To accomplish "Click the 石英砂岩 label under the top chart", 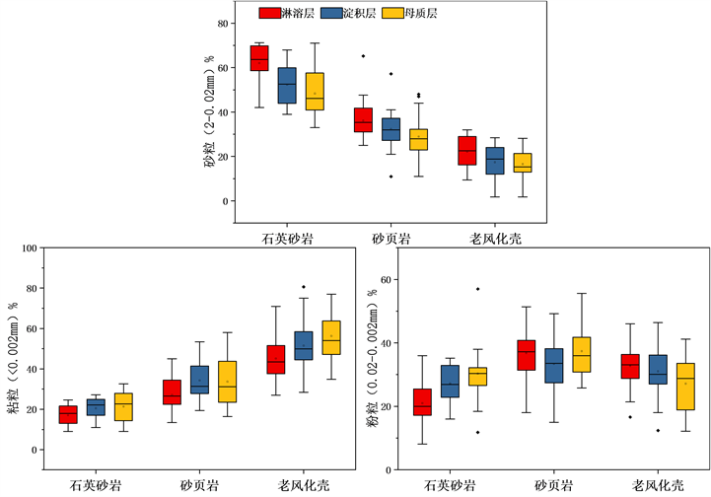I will click(287, 240).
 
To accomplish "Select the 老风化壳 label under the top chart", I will click(495, 240).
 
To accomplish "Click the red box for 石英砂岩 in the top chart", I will click(258, 58).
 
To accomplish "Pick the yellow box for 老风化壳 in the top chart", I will click(522, 163).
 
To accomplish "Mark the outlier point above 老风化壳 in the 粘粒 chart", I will click(304, 287).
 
